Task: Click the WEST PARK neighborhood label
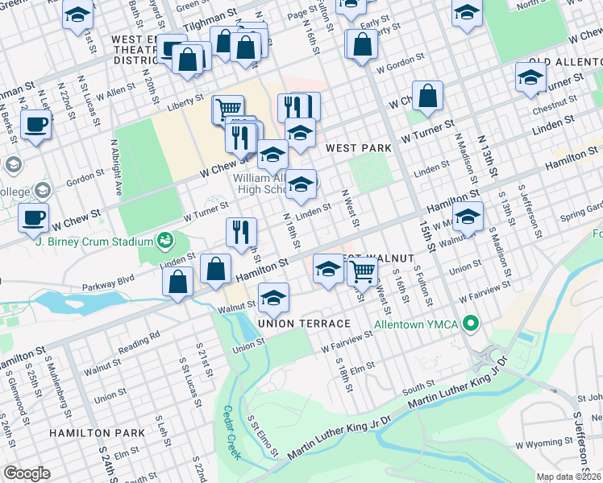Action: [359, 148]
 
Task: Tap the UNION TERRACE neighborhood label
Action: [304, 324]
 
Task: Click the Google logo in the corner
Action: [27, 473]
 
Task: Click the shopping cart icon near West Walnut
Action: [363, 271]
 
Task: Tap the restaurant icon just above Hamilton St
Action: [241, 232]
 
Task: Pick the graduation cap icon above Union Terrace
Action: [273, 298]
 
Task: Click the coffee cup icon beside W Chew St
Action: [35, 217]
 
